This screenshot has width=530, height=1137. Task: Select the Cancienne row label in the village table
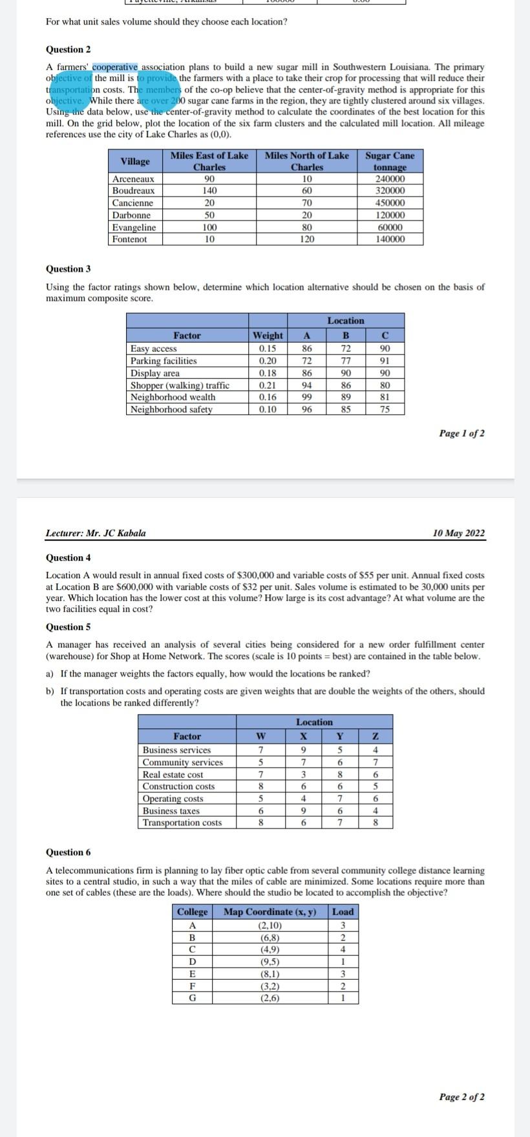click(x=132, y=203)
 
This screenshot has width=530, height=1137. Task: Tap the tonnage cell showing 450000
click(x=390, y=203)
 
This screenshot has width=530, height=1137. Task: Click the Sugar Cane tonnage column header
click(x=390, y=161)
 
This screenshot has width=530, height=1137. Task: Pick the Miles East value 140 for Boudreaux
click(x=209, y=191)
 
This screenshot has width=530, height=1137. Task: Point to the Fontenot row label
click(x=129, y=239)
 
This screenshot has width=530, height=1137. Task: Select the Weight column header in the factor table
click(x=268, y=335)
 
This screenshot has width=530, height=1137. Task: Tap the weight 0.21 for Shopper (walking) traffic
click(x=268, y=385)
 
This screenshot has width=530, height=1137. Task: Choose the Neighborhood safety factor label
click(x=171, y=409)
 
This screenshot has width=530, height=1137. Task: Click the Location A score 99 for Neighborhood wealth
click(x=307, y=397)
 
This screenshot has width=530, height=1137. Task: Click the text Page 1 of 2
click(x=461, y=433)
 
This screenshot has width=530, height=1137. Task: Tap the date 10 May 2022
click(x=458, y=534)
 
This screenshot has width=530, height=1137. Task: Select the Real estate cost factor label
click(x=173, y=774)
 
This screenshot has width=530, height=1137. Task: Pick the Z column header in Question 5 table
click(x=376, y=736)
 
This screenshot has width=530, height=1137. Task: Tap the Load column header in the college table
click(x=343, y=912)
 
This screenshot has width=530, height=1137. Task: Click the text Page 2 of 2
click(x=461, y=1097)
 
